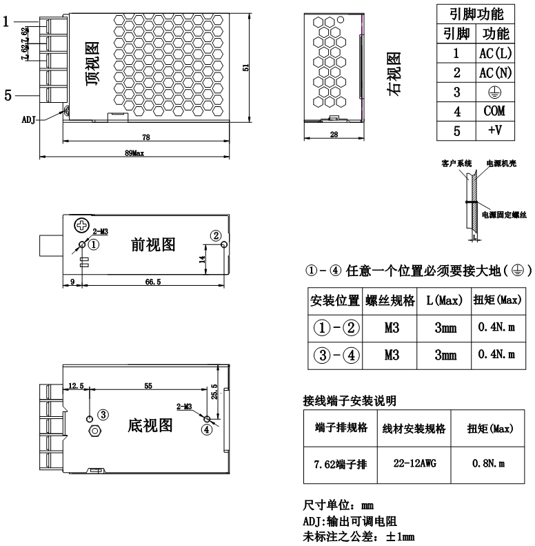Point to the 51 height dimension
(x=245, y=67)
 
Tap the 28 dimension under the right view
(x=334, y=135)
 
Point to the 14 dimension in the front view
(x=201, y=260)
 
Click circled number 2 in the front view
(x=216, y=236)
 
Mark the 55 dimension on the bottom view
(x=148, y=387)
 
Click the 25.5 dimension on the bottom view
(x=214, y=392)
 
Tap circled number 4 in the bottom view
(x=206, y=429)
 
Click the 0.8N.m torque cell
(x=489, y=464)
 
